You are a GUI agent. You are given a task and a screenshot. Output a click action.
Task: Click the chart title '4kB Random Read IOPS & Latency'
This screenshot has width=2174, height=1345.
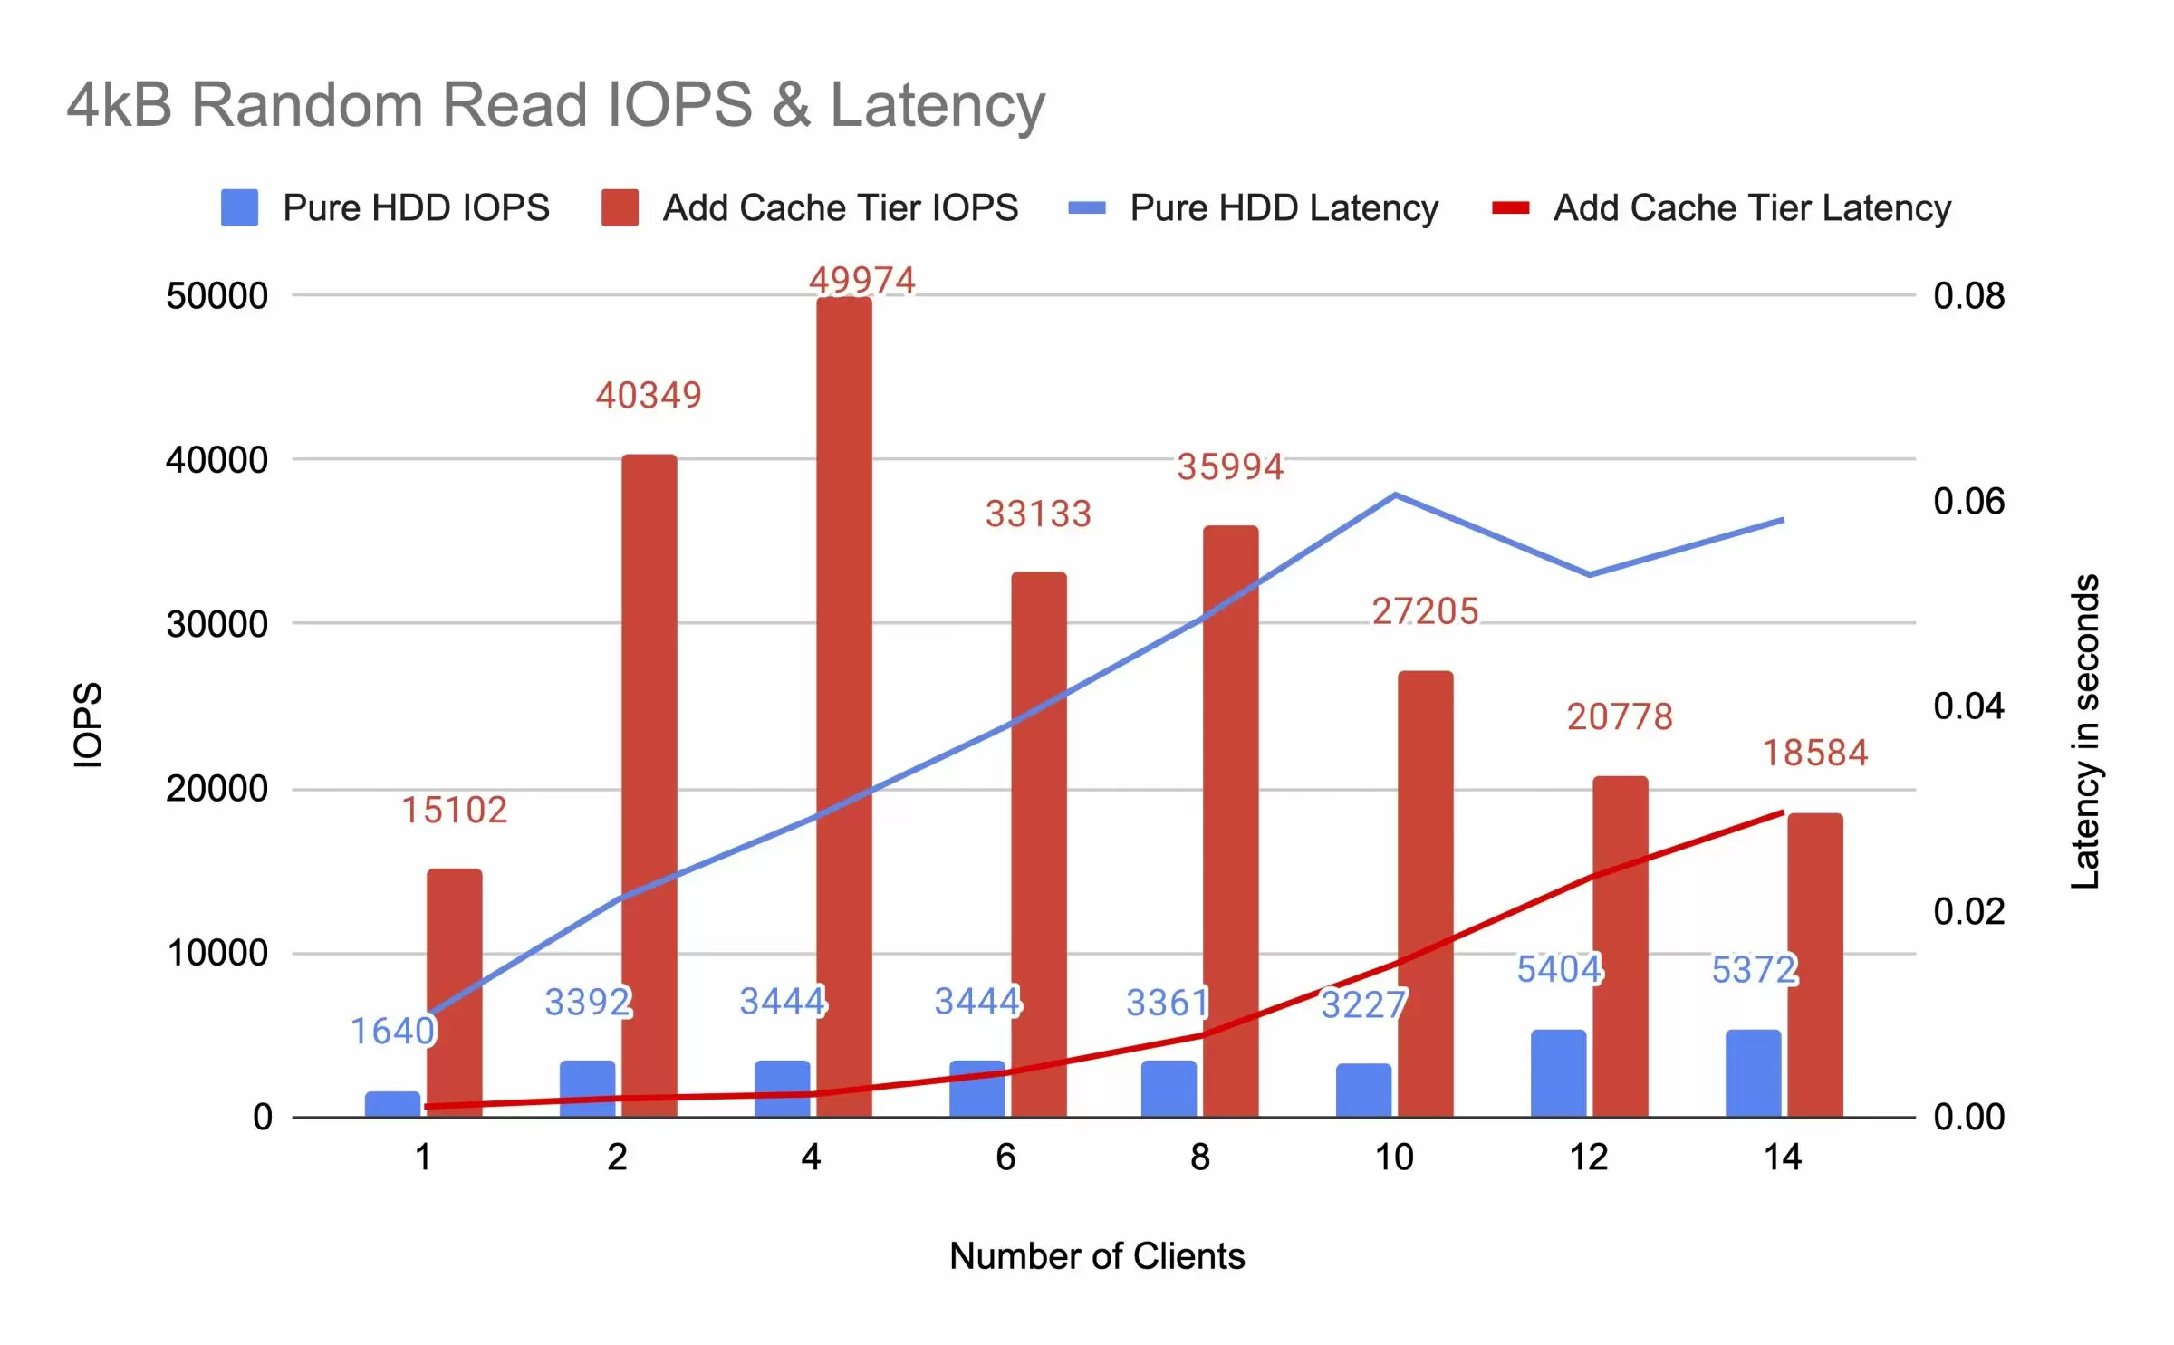coord(555,104)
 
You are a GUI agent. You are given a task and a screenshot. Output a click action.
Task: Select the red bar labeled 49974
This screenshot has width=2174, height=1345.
coord(843,706)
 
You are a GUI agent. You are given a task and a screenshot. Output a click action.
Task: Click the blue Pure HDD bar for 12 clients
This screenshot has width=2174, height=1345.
coord(1558,1072)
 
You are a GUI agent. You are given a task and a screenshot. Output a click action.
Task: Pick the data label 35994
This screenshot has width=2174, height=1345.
coord(1229,467)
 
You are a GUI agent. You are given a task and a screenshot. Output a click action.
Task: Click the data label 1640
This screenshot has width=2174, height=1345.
coord(392,1031)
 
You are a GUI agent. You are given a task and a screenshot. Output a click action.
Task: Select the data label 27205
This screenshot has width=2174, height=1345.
coord(1424,611)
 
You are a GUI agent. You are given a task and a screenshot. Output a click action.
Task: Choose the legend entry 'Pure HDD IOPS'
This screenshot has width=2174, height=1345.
coord(385,207)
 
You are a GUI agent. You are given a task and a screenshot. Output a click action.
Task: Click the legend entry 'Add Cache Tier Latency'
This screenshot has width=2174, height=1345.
coord(1721,207)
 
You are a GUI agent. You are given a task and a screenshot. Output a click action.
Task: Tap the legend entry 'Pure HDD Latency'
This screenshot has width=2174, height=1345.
coord(1254,207)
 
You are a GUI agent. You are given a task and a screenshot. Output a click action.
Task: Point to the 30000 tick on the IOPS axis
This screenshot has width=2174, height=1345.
coord(216,624)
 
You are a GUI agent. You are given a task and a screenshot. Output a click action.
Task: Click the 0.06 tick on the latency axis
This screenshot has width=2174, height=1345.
coord(1968,501)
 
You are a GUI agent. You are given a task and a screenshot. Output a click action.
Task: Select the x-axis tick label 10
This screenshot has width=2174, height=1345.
coord(1394,1157)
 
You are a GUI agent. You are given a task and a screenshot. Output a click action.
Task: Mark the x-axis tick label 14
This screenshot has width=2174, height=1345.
coord(1783,1157)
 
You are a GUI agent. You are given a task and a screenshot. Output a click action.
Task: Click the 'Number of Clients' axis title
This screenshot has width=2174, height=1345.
coord(1097,1256)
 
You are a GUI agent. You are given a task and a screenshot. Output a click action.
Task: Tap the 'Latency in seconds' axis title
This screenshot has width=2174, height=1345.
coord(2084,731)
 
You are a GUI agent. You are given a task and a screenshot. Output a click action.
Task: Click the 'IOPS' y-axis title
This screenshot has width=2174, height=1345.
coord(88,725)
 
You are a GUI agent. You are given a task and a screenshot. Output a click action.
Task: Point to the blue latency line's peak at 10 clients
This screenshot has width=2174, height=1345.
coord(1395,495)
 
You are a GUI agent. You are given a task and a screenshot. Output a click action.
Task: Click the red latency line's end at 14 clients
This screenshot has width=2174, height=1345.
coord(1782,812)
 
